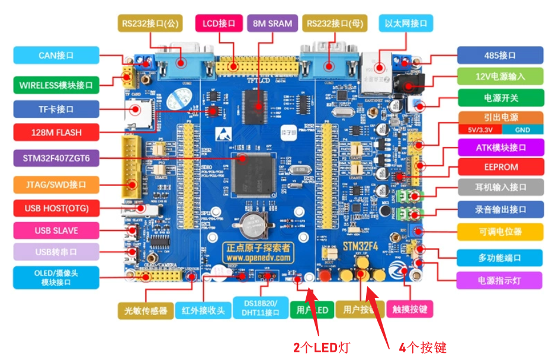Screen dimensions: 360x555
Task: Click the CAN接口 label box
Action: point(56,56)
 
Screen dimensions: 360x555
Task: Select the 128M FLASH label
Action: point(56,132)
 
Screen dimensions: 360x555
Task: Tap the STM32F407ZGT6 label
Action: point(56,158)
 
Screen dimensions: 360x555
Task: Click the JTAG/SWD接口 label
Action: point(56,185)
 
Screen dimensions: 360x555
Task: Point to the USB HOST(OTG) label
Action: point(56,208)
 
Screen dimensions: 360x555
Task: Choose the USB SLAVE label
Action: point(56,230)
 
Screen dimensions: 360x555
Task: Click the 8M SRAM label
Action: point(272,24)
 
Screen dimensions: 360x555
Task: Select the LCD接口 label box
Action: point(219,24)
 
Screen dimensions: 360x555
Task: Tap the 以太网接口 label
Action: point(406,24)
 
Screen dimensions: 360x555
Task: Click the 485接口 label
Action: point(500,56)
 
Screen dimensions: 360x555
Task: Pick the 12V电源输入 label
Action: point(500,76)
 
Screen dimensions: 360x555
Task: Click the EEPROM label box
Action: point(500,167)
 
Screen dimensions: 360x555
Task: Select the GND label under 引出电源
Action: point(522,130)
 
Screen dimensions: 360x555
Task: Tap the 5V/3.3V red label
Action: point(480,130)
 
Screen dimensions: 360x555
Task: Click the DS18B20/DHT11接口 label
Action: point(260,308)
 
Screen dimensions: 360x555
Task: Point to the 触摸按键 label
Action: point(410,309)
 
